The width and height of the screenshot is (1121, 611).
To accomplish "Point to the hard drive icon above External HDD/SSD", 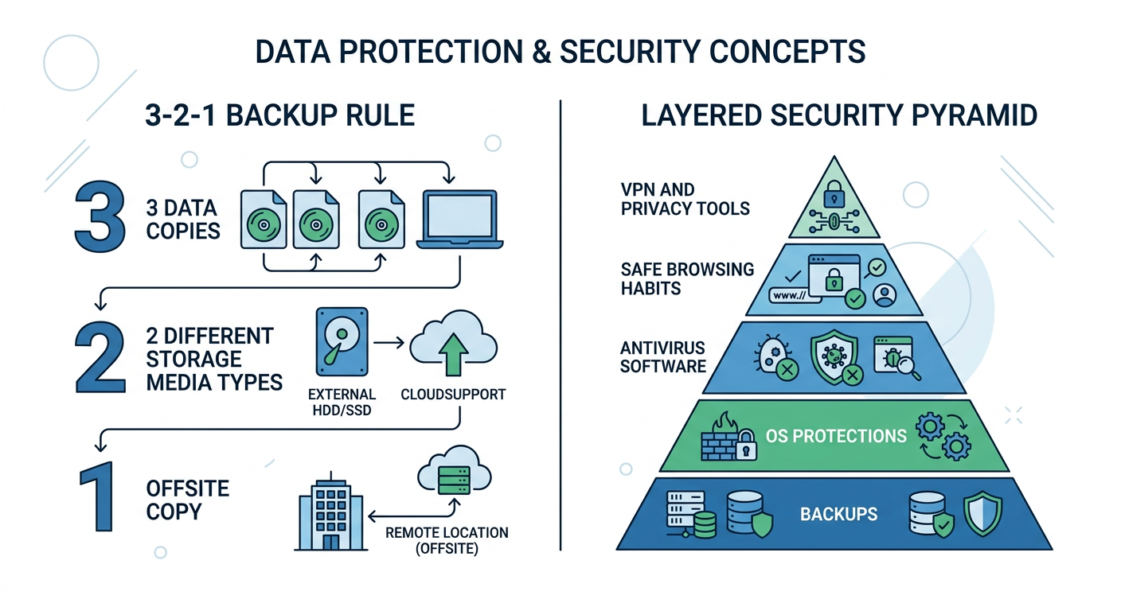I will (342, 342).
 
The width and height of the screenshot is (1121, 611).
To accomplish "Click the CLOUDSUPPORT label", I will (453, 395).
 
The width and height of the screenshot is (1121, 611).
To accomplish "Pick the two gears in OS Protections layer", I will (943, 435).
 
